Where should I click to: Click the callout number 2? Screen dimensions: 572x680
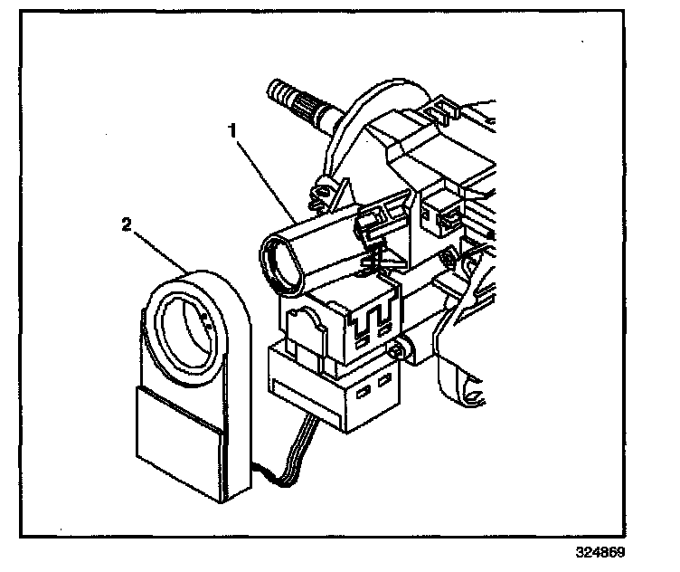point(126,224)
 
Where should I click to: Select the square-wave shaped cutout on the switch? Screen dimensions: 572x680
point(371,320)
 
